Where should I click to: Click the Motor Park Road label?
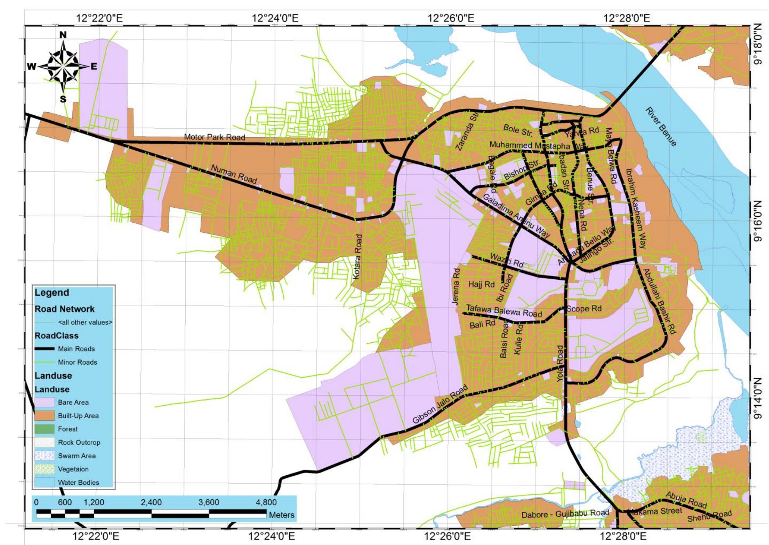(214, 137)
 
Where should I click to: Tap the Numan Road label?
(234, 174)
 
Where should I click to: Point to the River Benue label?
(660, 127)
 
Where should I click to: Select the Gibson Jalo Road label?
(440, 405)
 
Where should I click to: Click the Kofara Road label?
(357, 257)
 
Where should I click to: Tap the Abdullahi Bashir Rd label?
(659, 301)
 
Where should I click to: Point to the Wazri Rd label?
(506, 260)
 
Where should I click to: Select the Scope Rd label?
(584, 308)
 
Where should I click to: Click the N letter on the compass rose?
(63, 35)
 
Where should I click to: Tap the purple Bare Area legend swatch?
(45, 402)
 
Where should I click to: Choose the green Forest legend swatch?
(45, 429)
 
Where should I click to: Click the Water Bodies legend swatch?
(45, 482)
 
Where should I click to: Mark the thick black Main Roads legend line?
(45, 349)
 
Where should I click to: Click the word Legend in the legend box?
(52, 293)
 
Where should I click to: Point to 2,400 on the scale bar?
(151, 502)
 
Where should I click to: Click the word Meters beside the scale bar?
(281, 515)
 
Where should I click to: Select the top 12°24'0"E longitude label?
(275, 18)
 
